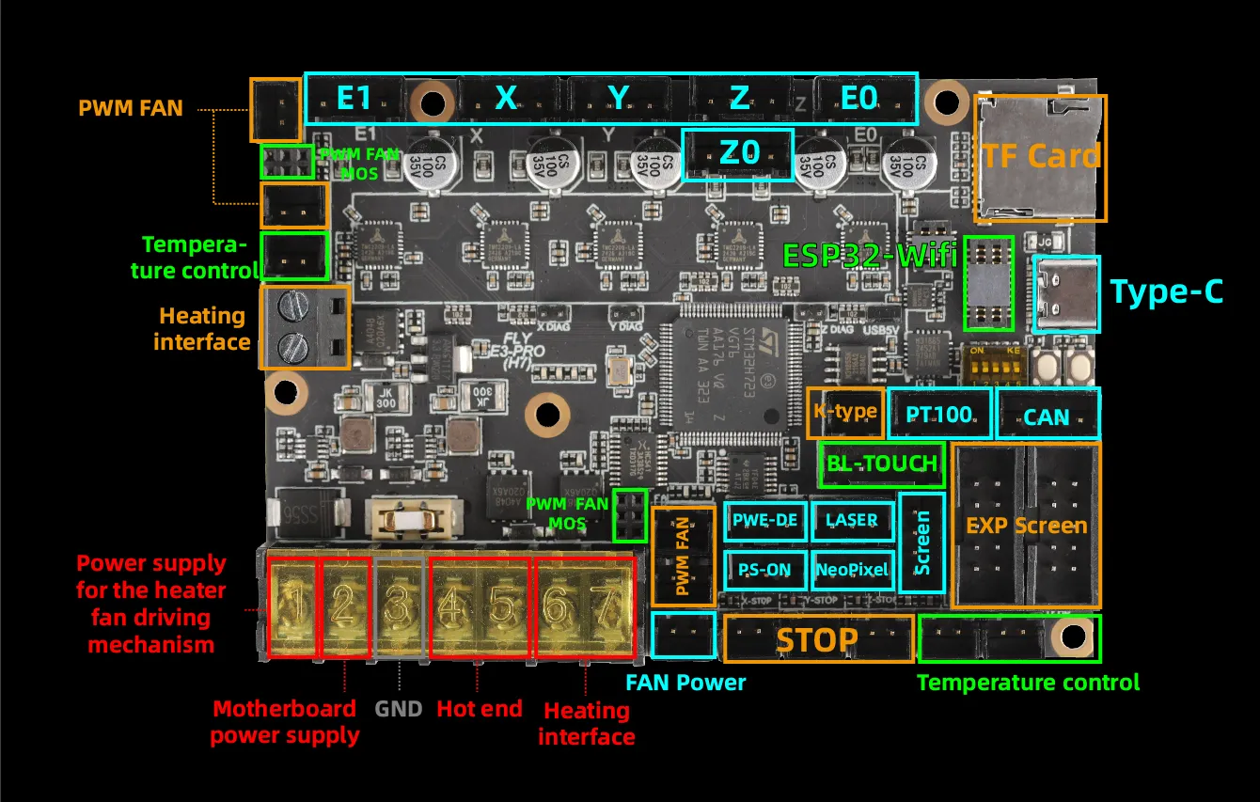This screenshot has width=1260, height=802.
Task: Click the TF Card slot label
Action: point(1040,156)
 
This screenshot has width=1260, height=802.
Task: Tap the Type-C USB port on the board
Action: point(1065,292)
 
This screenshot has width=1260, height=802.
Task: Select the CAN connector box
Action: point(1047,415)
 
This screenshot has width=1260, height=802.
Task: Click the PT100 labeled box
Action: point(938,414)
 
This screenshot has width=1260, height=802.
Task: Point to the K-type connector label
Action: point(844,412)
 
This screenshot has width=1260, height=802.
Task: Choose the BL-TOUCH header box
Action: point(881,463)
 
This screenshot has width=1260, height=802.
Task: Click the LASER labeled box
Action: point(851,519)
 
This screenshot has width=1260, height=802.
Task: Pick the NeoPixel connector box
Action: point(851,569)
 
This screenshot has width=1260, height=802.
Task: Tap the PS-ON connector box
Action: point(764,569)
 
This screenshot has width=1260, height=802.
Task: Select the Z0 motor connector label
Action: point(738,153)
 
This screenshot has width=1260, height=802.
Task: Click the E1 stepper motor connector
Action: point(354,98)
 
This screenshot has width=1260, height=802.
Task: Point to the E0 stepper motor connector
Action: point(858,98)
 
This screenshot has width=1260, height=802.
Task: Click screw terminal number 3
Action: point(399,606)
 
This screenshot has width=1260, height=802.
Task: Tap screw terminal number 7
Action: point(607,606)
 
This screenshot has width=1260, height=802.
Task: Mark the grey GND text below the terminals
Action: point(399,708)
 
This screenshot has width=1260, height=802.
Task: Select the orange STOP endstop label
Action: point(817,639)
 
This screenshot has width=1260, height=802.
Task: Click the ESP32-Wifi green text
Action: point(870,254)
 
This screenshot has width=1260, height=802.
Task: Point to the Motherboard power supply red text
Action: point(284,721)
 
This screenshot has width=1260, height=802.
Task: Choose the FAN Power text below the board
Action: point(685,683)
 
